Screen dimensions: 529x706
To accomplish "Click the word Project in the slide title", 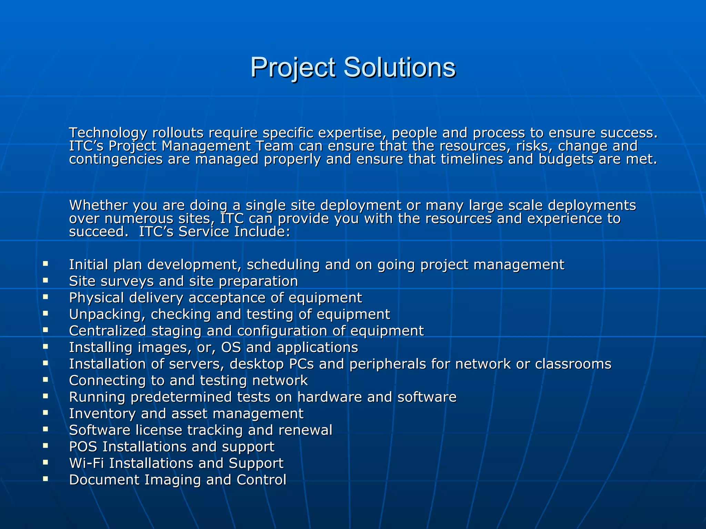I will pos(293,68).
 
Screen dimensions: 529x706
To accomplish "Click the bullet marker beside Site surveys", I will pos(46,280).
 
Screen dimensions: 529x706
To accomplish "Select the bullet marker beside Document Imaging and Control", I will pos(46,479).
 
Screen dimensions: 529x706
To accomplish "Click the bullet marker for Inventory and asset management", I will pos(46,413).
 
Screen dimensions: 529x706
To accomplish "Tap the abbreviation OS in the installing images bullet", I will pos(231,348).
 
